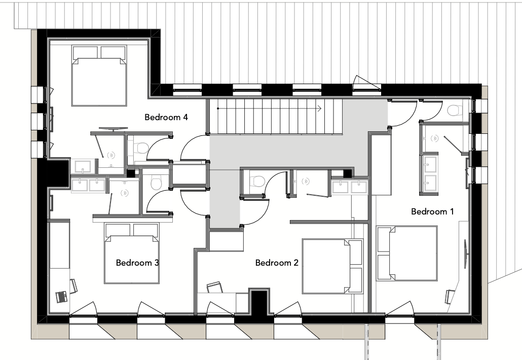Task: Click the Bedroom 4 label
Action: (x=166, y=117)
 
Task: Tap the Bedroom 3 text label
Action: (x=137, y=263)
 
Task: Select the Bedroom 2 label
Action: (x=277, y=263)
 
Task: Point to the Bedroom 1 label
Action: (x=432, y=211)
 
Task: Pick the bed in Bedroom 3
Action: (x=131, y=253)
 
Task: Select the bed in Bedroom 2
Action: (x=332, y=266)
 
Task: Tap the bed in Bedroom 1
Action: (x=407, y=254)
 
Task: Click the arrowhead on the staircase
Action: (x=319, y=108)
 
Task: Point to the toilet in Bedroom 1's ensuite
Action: (x=455, y=110)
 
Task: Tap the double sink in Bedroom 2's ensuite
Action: (x=349, y=187)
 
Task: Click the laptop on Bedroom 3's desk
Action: (x=62, y=297)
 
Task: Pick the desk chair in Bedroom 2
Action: (x=214, y=287)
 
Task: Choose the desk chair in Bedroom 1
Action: (x=450, y=297)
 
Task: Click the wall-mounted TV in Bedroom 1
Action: (x=465, y=253)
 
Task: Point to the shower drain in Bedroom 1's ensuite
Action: (x=434, y=138)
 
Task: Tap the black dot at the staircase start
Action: (x=218, y=108)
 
